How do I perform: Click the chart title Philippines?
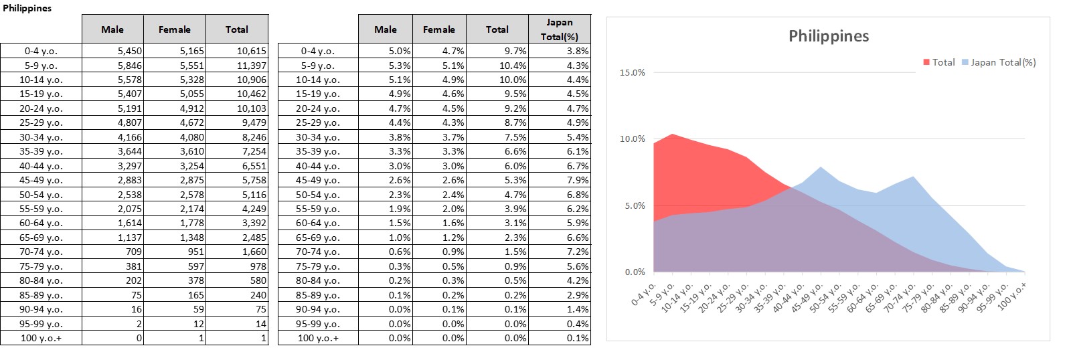(x=828, y=36)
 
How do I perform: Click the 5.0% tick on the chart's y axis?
(x=635, y=205)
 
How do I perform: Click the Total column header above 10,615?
(x=236, y=29)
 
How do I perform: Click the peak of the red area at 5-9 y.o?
(x=673, y=134)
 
